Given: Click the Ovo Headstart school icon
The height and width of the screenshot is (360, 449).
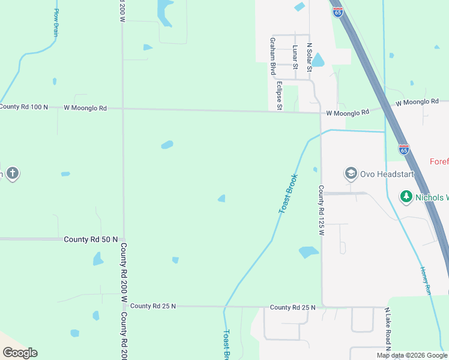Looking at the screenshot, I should coord(351,174).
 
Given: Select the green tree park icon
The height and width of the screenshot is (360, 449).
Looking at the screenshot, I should coord(406,197).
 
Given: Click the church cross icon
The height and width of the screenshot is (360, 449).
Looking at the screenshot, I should coord(12,175).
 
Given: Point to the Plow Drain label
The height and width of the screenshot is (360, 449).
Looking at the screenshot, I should coord(56,23).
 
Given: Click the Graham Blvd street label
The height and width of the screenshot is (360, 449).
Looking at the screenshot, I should coord(273,55).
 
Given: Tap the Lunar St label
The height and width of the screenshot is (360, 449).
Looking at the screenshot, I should coord(295,55).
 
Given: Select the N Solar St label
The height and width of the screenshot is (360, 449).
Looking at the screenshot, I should coord(310,57).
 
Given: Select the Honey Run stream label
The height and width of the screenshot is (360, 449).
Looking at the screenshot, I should coord(426,280).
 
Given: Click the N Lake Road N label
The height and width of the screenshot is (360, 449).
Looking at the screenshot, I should coord(388,329).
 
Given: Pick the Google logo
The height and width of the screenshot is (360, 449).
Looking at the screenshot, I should coord(20,353).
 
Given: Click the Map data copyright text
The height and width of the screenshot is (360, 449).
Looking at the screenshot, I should coord(412,355).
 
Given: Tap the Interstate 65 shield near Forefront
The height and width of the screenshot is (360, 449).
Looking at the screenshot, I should coord(404,149).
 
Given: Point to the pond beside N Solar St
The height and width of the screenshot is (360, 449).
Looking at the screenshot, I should coord(318,60).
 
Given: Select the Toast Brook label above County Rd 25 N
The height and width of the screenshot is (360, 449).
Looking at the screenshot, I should coord(288,193).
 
